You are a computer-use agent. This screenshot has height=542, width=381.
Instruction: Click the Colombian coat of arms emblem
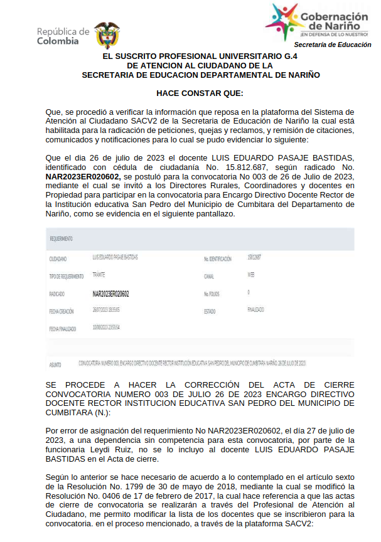[107, 35]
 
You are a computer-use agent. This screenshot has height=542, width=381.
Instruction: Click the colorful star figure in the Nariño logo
[283, 22]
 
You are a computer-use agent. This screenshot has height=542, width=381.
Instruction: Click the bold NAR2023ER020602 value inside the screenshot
[111, 293]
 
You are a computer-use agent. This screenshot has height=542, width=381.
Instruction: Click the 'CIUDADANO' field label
[58, 259]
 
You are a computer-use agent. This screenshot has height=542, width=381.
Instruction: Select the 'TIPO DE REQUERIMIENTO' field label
[66, 276]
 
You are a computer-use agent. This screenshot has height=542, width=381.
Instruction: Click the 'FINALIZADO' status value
[255, 310]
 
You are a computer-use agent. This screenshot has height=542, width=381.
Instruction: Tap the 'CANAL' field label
[209, 276]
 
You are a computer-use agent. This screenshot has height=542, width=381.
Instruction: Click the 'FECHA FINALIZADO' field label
[62, 328]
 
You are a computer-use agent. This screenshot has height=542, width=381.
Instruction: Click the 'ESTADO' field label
[210, 311]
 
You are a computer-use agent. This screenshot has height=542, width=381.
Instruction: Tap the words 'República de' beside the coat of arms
[63, 31]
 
